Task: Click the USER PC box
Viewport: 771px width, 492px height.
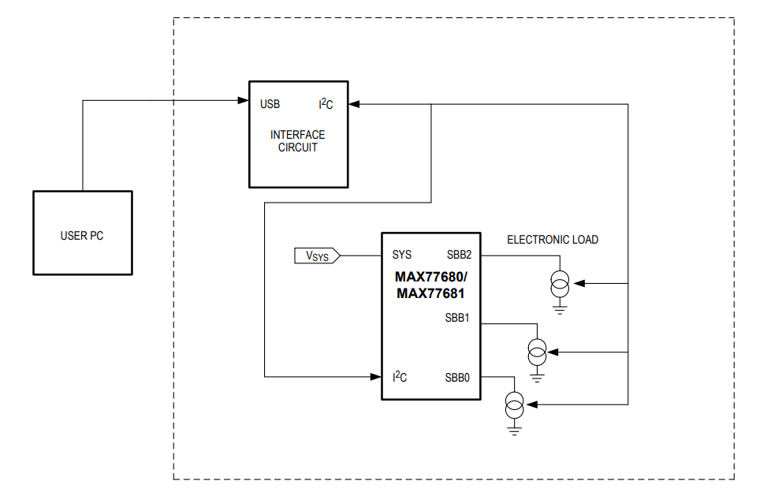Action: point(82,234)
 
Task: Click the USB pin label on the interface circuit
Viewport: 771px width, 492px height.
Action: point(270,104)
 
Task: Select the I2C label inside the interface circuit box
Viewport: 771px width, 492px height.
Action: point(326,104)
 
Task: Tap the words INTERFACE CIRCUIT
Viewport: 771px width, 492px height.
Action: point(297,141)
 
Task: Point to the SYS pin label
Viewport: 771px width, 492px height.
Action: point(401,255)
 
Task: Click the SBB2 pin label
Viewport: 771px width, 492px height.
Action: point(458,255)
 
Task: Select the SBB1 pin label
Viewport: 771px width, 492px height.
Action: point(457,319)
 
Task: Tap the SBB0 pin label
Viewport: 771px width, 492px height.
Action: point(457,378)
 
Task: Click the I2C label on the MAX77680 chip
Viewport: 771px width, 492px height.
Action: point(400,377)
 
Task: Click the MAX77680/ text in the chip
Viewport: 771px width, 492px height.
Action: point(430,278)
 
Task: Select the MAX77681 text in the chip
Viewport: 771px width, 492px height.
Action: point(430,293)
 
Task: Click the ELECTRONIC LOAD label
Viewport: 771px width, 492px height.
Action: point(552,240)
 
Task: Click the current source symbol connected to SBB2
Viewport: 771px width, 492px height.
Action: point(560,283)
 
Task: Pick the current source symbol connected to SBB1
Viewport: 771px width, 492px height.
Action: point(537,350)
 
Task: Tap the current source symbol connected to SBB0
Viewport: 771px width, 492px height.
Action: point(514,405)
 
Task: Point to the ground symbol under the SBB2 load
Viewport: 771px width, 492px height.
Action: point(560,308)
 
